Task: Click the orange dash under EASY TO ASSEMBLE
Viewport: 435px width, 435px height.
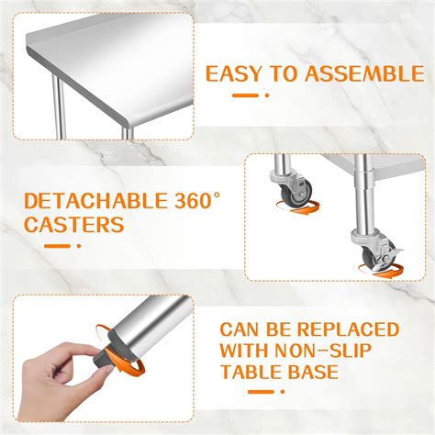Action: pos(245,94)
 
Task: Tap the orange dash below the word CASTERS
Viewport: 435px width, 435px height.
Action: pos(61,246)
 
